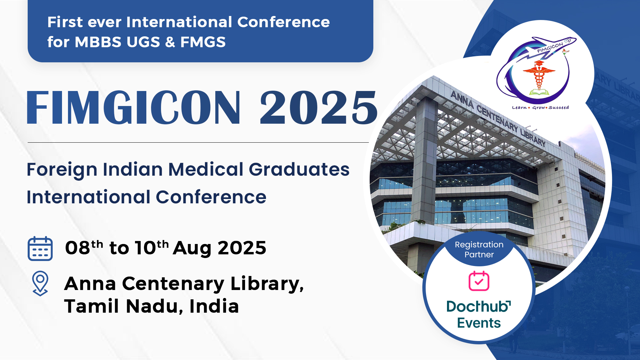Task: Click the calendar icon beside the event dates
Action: coord(40,249)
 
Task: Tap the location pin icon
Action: coord(40,283)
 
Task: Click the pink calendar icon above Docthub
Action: coord(479,281)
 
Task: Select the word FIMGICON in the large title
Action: coord(133,107)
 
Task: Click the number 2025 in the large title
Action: coord(319,107)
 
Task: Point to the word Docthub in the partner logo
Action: coord(479,306)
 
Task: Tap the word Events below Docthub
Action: coord(479,323)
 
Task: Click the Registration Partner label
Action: coord(479,249)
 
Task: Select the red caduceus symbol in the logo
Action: coord(539,77)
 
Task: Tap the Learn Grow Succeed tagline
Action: coord(540,107)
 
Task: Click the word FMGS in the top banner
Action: coord(203,42)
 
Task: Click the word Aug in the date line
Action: coord(192,248)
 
